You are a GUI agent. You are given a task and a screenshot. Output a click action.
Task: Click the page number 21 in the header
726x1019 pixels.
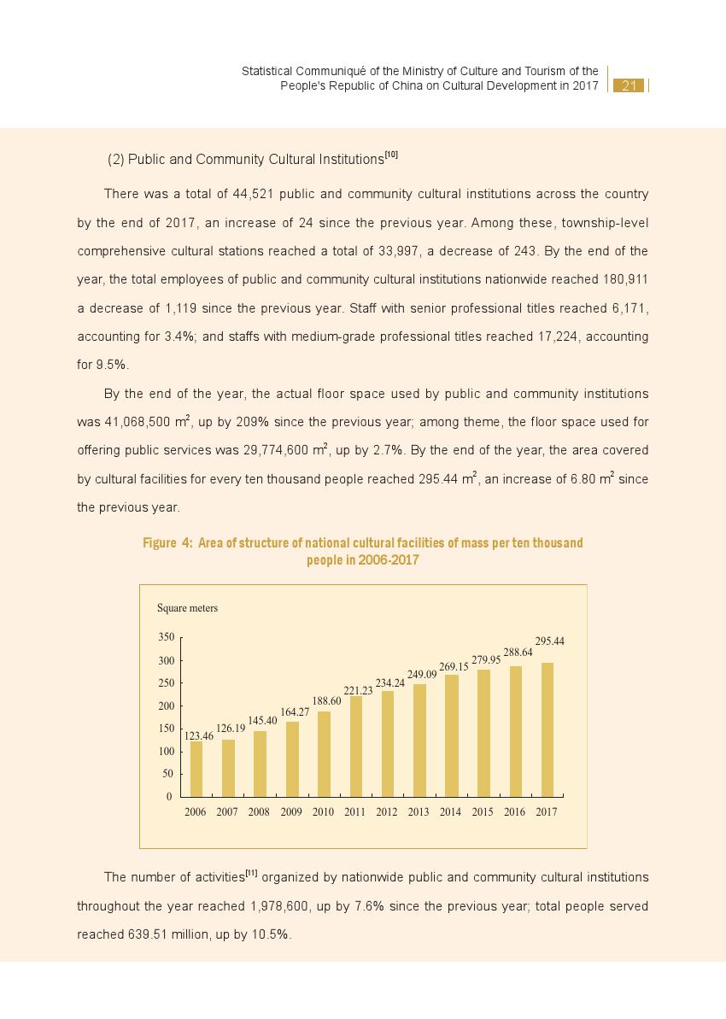tap(629, 85)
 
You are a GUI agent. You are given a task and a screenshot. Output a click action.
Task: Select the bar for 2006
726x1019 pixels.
tap(196, 769)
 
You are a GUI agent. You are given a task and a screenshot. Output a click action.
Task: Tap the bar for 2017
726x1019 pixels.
tap(547, 729)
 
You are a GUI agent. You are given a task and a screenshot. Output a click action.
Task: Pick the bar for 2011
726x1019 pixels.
tap(356, 747)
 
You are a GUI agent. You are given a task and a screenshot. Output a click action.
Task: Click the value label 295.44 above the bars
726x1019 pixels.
tap(549, 641)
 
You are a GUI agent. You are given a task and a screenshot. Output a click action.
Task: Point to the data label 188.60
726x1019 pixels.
tap(326, 700)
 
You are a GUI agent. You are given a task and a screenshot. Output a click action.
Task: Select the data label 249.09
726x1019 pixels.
tap(422, 674)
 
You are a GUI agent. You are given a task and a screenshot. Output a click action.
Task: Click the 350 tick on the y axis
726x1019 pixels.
tap(166, 637)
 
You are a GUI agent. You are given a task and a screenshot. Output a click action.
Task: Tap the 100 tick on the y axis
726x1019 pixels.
tap(166, 752)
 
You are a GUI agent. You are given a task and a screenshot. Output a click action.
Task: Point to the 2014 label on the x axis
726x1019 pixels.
tap(450, 812)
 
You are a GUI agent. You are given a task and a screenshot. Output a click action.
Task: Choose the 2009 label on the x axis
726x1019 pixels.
tap(291, 812)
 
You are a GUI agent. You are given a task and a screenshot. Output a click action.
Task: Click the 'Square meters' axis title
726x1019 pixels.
tap(187, 608)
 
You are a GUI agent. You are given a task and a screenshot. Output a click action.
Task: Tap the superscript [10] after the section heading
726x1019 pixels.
tap(391, 155)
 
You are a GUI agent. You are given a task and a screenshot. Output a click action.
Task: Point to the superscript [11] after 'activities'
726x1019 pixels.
tap(251, 873)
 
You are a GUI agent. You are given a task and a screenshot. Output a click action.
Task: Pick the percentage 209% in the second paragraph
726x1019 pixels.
tap(254, 422)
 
